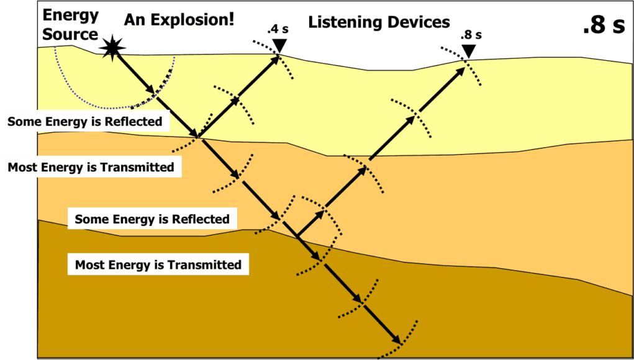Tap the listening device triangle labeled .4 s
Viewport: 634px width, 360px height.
coord(279,45)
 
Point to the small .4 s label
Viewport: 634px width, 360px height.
coord(277,30)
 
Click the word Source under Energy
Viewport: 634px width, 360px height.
coord(70,34)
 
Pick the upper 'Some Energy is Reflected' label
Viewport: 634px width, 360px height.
coord(85,121)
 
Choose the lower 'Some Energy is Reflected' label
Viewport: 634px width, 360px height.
coord(152,219)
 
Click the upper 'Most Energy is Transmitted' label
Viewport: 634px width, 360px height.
coord(91,166)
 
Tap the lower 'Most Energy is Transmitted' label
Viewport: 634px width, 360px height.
coord(158,265)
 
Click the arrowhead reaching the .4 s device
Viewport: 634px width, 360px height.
coord(275,59)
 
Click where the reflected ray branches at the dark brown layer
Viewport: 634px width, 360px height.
coord(298,236)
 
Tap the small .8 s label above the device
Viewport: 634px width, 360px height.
coord(471,35)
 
